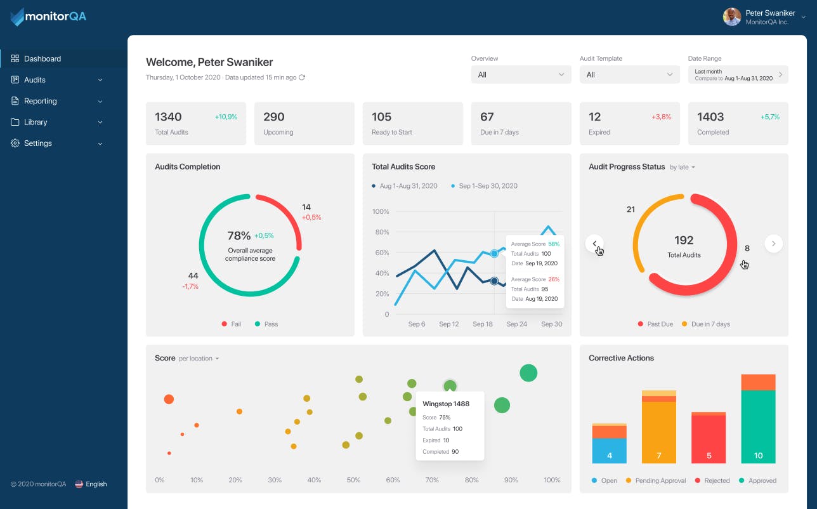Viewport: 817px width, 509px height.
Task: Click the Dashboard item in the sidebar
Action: coord(42,59)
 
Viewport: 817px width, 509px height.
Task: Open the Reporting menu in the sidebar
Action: coord(41,101)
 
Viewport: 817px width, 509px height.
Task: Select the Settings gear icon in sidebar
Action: coord(15,143)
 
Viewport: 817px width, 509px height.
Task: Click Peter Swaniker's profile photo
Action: coord(732,17)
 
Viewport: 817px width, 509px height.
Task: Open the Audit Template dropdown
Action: coord(629,75)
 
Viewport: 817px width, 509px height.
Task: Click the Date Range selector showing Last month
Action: coord(738,75)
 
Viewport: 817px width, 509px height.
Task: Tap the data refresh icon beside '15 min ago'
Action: coord(302,77)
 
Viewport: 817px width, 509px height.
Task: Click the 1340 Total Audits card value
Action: coord(168,117)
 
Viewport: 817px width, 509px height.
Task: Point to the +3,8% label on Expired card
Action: coord(661,117)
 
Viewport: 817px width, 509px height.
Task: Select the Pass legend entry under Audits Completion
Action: coord(266,324)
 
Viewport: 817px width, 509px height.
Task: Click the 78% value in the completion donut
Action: coord(239,235)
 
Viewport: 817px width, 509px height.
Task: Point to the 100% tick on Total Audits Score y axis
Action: coord(380,211)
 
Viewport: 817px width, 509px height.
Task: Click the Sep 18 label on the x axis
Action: coord(482,324)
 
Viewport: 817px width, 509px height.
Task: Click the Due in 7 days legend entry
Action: coord(705,324)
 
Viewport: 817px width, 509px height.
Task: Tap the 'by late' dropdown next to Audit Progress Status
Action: coord(683,168)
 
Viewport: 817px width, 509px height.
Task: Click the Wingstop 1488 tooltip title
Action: coord(446,404)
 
